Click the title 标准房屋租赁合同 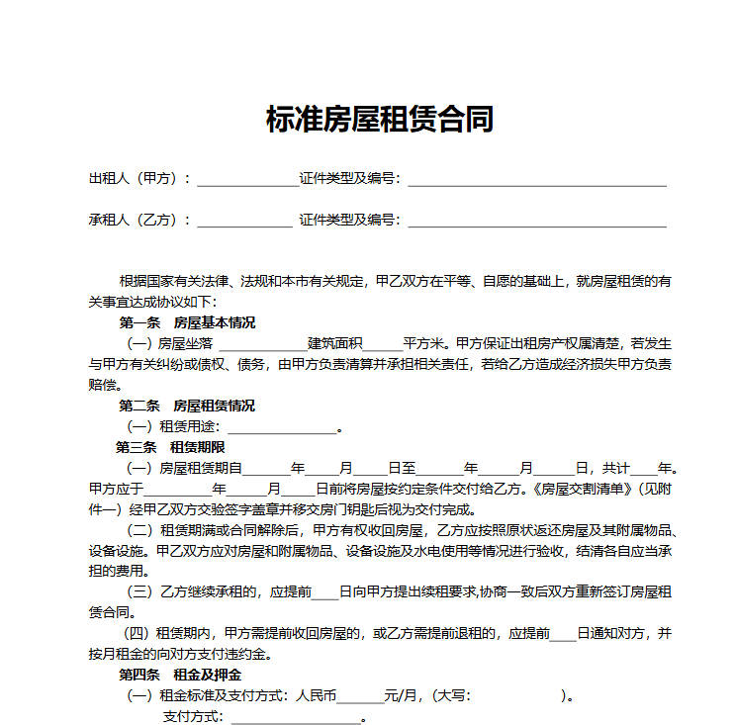(x=380, y=120)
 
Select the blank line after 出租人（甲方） (x=246, y=182)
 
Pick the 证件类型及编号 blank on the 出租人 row (x=537, y=182)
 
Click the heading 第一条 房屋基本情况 (x=187, y=322)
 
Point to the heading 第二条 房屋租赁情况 (x=187, y=406)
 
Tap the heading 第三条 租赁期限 (x=184, y=447)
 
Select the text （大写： (x=448, y=695)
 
